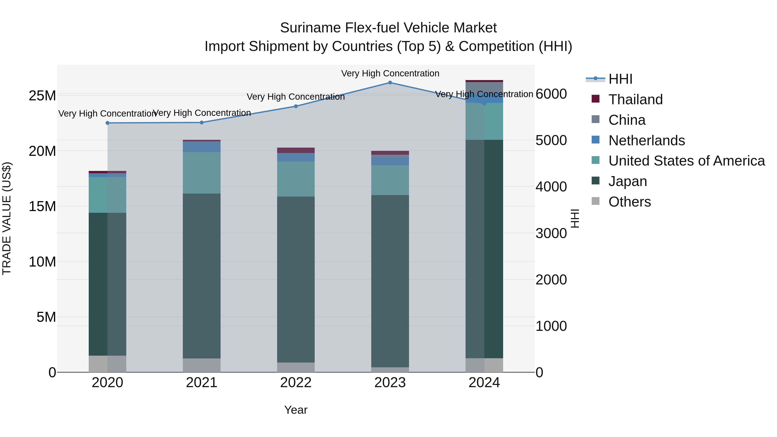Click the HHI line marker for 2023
tap(390, 83)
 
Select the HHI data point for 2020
tap(107, 123)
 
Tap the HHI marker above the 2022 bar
tap(296, 106)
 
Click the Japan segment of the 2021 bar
tap(202, 276)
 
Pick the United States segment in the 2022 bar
tap(296, 179)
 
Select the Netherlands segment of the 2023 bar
tap(390, 161)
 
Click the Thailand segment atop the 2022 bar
tap(296, 150)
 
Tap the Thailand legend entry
tap(635, 99)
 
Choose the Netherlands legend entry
tap(646, 140)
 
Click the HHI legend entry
tap(620, 79)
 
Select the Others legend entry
tap(630, 202)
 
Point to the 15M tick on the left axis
tap(42, 207)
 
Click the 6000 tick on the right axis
tap(551, 94)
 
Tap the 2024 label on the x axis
tap(484, 383)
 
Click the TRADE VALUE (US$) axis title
tap(7, 219)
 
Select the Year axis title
tap(296, 410)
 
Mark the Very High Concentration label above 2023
tap(390, 73)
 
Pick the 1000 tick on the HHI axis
tap(551, 326)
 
